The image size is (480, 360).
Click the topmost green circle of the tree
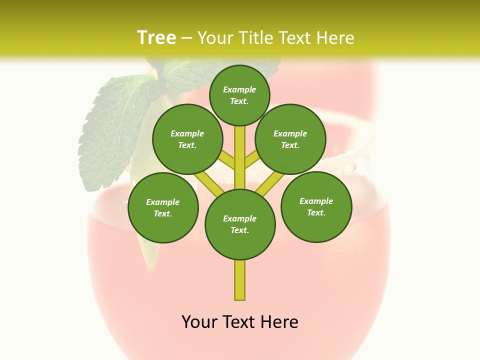point(239,95)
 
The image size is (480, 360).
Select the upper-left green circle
point(187,139)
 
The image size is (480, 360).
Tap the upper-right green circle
point(290,139)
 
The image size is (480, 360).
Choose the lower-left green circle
point(163,207)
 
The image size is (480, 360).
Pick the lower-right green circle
point(316,206)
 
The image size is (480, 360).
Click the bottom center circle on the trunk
point(240,224)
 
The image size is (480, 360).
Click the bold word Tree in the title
point(156,37)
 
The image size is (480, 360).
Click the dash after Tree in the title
point(186,38)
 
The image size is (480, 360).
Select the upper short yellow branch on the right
point(251,159)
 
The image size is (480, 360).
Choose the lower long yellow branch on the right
point(270,183)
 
